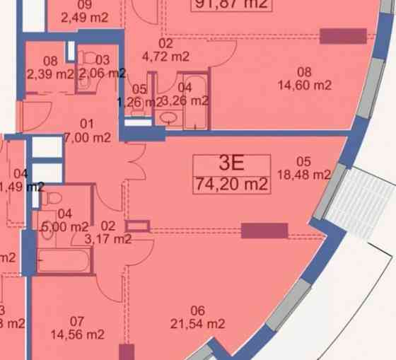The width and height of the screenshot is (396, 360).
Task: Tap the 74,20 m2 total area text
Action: coord(233,185)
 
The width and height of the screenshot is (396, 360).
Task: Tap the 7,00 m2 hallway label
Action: coord(86,130)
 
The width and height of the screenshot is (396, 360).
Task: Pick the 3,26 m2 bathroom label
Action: coord(185,94)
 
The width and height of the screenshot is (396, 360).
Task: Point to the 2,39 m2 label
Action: coord(49,67)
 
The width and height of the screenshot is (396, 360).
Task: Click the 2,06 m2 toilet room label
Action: coord(102,67)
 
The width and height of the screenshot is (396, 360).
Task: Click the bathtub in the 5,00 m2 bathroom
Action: coord(64,262)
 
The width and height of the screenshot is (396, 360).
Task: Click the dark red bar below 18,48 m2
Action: coord(264,231)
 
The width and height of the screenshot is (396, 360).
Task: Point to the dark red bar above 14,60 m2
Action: coord(343,36)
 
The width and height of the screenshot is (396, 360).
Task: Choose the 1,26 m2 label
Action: coord(139,95)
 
